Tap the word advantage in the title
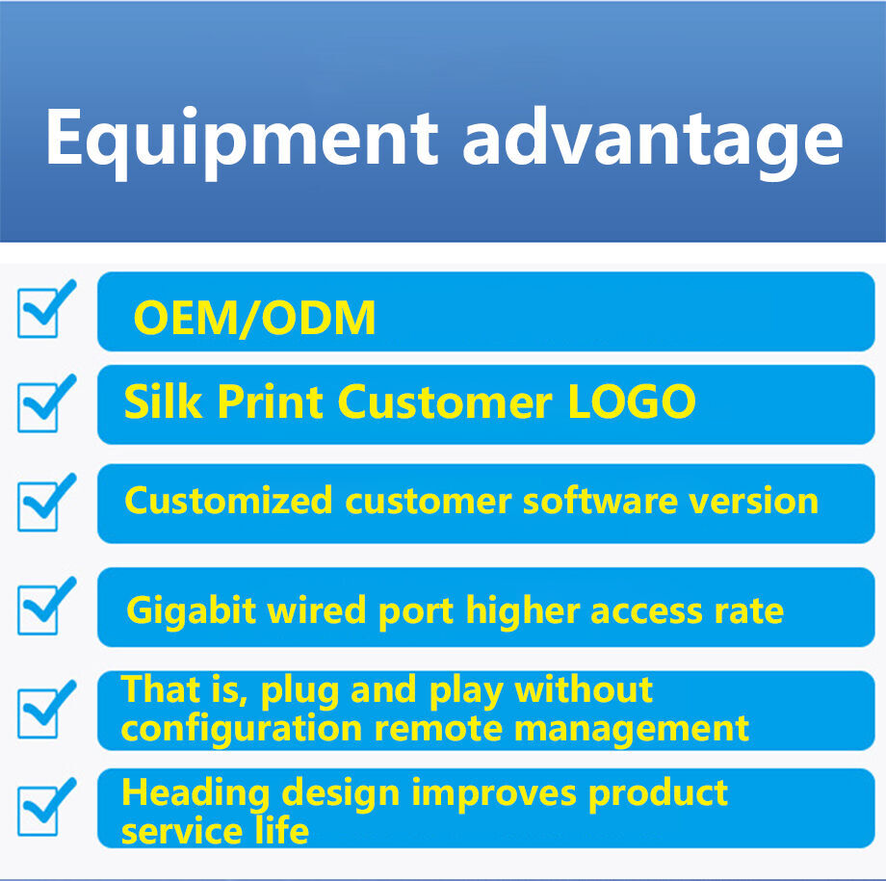click(x=652, y=138)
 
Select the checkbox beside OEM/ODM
click(x=44, y=310)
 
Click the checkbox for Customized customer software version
click(x=44, y=503)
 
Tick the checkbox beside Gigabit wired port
click(x=44, y=607)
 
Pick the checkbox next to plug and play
click(x=44, y=710)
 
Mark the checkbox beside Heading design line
click(x=44, y=809)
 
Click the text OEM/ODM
click(x=254, y=319)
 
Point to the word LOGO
click(x=631, y=402)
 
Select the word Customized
click(x=229, y=501)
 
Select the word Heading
click(x=195, y=793)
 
